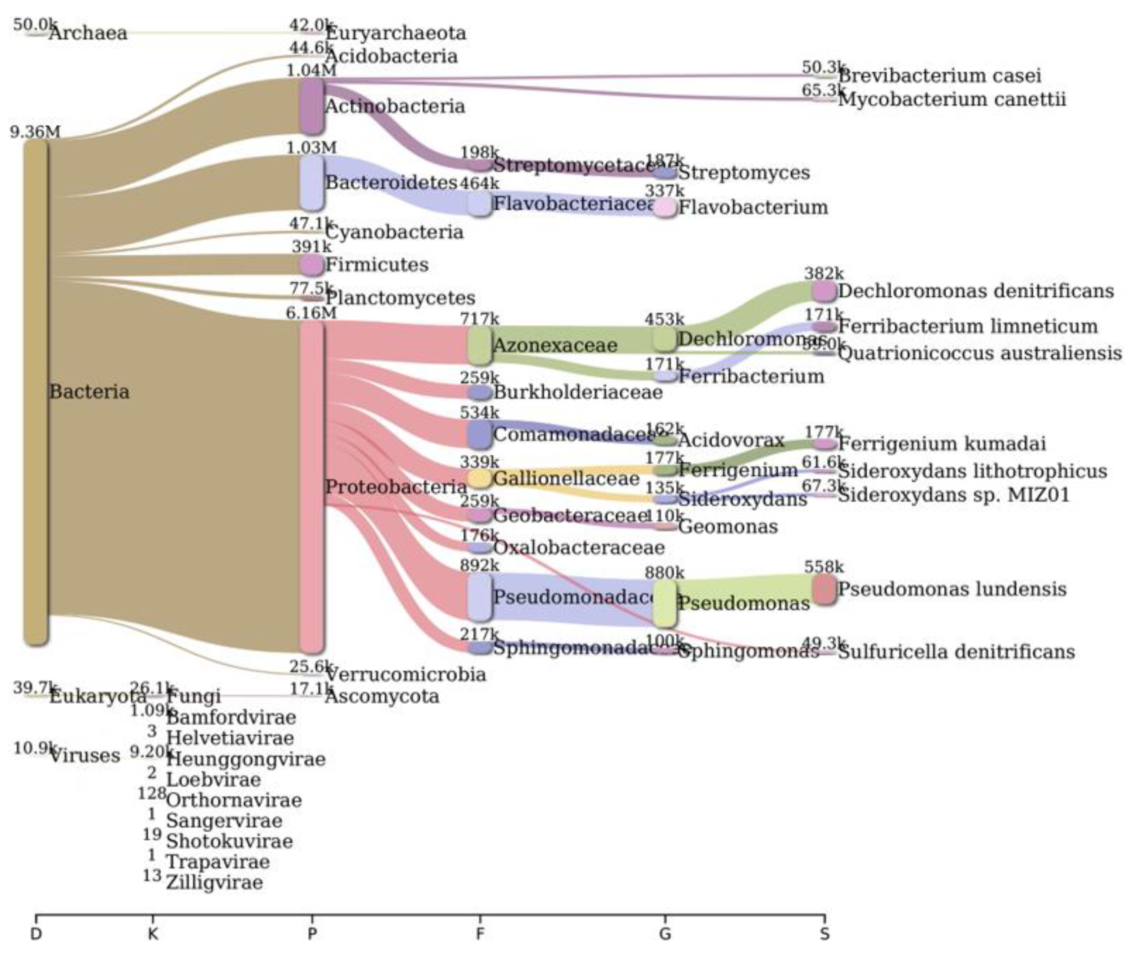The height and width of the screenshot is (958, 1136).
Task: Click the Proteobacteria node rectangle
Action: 311,487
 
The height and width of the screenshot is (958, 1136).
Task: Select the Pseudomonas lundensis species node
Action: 824,589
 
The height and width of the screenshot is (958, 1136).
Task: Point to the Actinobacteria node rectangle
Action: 311,106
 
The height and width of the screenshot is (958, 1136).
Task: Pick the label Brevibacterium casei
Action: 939,75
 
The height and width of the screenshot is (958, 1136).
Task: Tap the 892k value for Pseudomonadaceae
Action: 479,565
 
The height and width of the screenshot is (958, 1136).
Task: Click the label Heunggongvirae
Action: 246,759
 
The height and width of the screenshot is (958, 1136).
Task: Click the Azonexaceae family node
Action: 479,345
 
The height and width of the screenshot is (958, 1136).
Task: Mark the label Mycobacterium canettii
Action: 952,100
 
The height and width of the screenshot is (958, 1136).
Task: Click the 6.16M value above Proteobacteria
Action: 311,313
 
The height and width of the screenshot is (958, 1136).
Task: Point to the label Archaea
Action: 88,33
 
